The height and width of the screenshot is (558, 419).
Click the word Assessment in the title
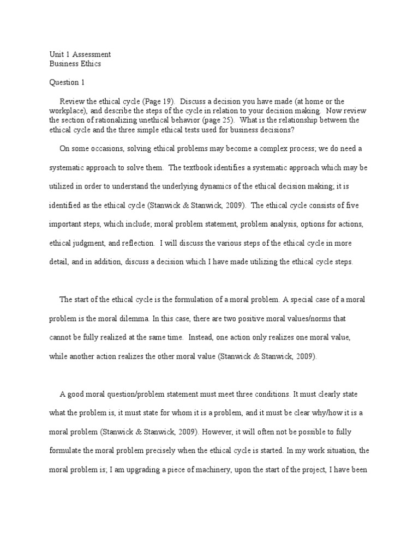[x=92, y=54]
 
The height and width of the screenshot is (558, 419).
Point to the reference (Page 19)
[x=158, y=101]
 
